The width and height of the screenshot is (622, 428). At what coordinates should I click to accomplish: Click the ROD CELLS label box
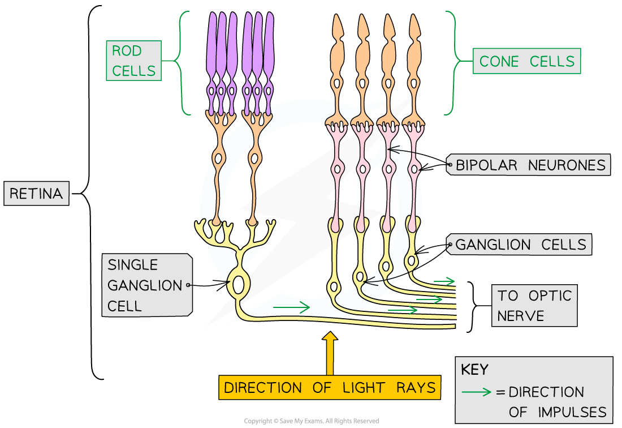click(x=133, y=61)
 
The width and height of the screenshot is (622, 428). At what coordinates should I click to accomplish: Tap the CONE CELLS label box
click(x=526, y=61)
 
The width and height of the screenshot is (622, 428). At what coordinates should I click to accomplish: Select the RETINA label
click(x=36, y=194)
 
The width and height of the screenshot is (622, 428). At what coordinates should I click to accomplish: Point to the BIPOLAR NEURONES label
click(x=530, y=165)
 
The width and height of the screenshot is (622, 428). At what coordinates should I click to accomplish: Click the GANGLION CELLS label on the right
click(x=520, y=245)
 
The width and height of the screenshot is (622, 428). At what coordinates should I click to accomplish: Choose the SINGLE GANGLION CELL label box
click(x=146, y=285)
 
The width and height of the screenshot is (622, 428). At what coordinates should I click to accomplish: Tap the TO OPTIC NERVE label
click(x=534, y=305)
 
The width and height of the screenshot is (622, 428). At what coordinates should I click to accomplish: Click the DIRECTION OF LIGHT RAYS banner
click(x=330, y=387)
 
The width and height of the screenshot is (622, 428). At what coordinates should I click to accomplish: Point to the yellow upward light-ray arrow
click(x=330, y=354)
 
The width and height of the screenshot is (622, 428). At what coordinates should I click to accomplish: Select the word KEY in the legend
click(x=474, y=370)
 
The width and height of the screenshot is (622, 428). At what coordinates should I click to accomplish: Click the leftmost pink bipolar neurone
click(x=338, y=170)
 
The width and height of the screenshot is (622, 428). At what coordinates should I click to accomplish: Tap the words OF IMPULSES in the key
click(x=557, y=412)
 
